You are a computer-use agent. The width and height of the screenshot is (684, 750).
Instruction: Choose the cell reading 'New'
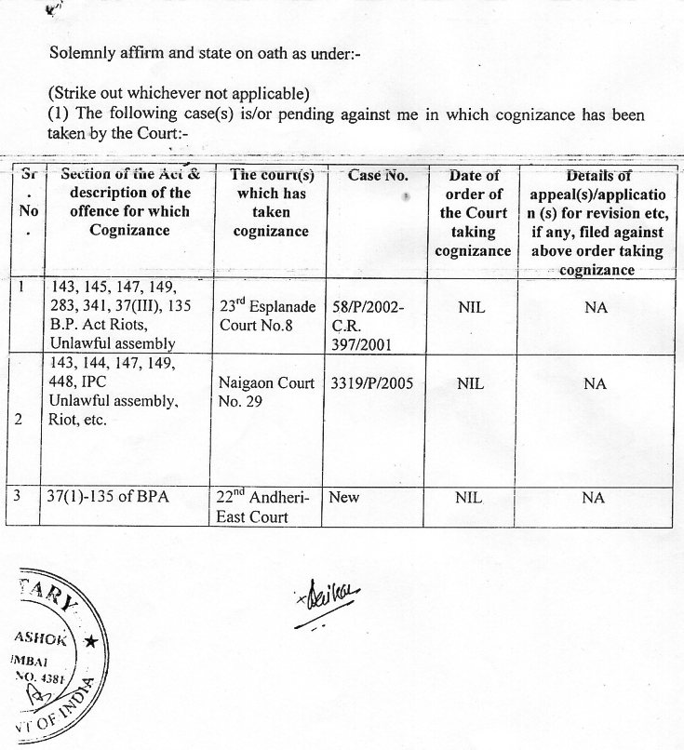coord(344,498)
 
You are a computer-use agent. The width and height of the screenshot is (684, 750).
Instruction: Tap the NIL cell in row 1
coord(471,308)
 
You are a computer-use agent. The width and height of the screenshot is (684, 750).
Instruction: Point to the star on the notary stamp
coord(90,642)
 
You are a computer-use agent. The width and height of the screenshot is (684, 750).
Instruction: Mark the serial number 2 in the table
coord(21,419)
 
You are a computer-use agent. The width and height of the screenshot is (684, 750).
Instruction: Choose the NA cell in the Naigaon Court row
coord(595,383)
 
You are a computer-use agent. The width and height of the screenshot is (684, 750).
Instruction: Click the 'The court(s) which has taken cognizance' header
coord(270,203)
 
